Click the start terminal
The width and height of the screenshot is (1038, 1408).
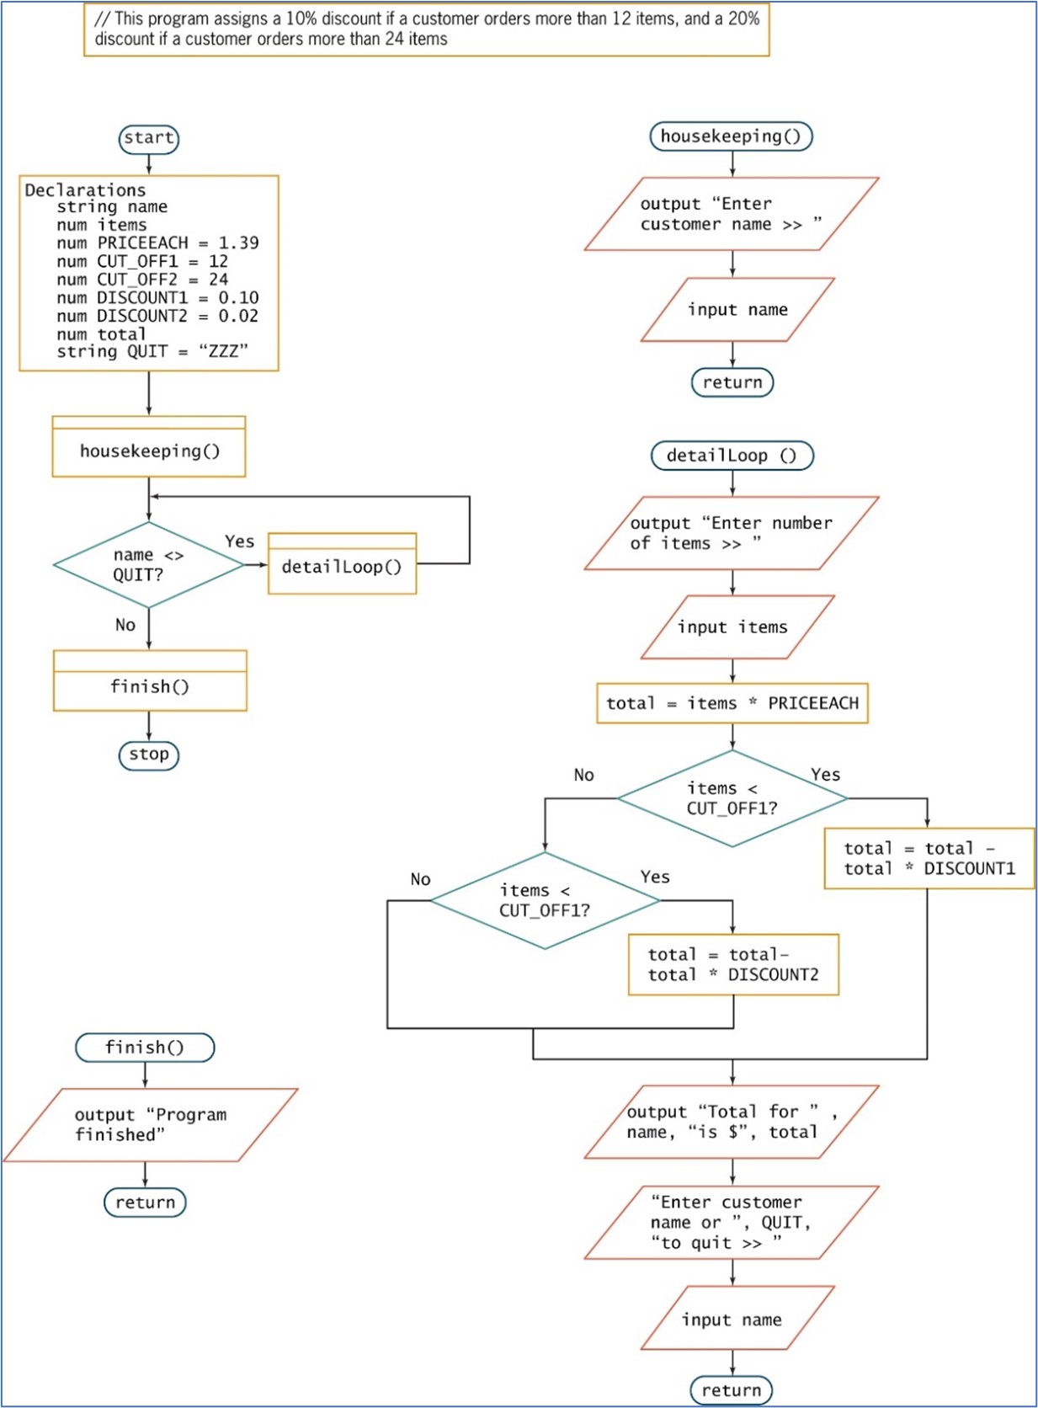(x=149, y=138)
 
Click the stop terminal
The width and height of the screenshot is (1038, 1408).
(x=149, y=755)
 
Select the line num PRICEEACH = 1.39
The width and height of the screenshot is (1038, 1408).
(x=157, y=243)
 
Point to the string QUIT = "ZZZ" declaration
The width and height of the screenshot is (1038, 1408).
(x=152, y=351)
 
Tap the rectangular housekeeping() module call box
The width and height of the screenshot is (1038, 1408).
(x=149, y=451)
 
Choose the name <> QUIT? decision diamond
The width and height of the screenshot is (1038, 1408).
(x=148, y=565)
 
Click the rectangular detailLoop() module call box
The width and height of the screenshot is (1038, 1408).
(x=342, y=567)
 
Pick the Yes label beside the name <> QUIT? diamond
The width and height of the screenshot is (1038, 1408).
(x=239, y=541)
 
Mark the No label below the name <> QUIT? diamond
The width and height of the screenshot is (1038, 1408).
(x=125, y=625)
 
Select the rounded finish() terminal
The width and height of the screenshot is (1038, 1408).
(x=145, y=1048)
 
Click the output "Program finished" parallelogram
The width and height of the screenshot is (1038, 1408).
(x=151, y=1125)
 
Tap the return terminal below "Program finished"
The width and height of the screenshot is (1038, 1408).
(x=145, y=1203)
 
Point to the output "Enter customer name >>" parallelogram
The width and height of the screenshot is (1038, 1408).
(x=731, y=214)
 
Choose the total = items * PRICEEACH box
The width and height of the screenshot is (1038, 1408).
(x=732, y=703)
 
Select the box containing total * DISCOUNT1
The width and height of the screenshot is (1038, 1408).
(x=929, y=859)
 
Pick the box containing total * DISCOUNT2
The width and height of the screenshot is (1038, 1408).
(x=733, y=965)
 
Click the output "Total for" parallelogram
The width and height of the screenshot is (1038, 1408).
(x=731, y=1122)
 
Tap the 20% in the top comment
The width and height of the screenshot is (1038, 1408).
(x=743, y=19)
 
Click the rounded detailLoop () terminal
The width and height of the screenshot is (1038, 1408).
(x=732, y=456)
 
